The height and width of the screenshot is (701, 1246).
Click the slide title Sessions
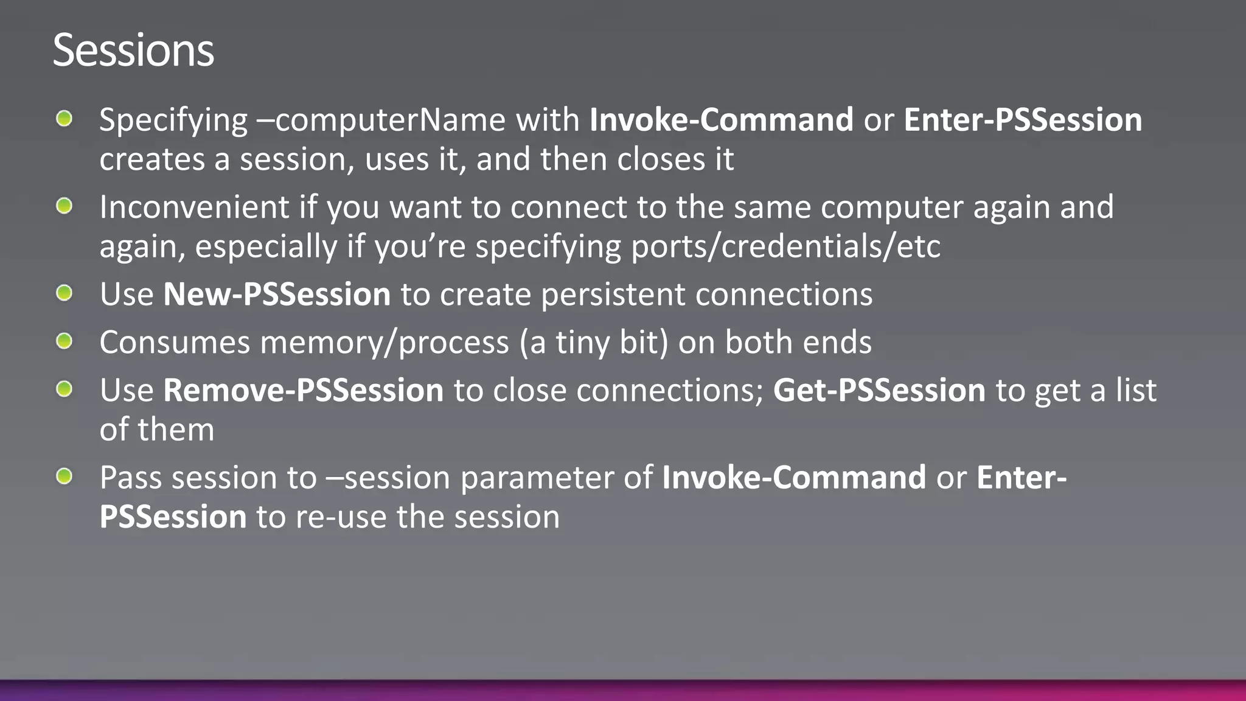pos(133,50)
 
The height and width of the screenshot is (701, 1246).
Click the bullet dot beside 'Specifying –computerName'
pos(64,118)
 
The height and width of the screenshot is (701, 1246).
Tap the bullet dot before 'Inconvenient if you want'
pos(64,206)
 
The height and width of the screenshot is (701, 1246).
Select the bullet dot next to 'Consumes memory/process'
pos(64,341)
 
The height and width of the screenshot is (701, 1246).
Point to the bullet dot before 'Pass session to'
pos(64,476)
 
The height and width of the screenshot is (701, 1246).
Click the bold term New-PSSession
pos(277,295)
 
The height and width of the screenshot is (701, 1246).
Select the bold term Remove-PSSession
pos(303,390)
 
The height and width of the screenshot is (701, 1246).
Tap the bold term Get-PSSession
pos(879,390)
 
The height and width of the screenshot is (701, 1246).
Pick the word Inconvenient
pos(194,208)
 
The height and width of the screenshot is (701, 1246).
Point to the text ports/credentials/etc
pos(785,246)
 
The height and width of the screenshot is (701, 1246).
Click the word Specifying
pos(173,120)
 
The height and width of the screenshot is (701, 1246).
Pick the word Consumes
pos(175,343)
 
